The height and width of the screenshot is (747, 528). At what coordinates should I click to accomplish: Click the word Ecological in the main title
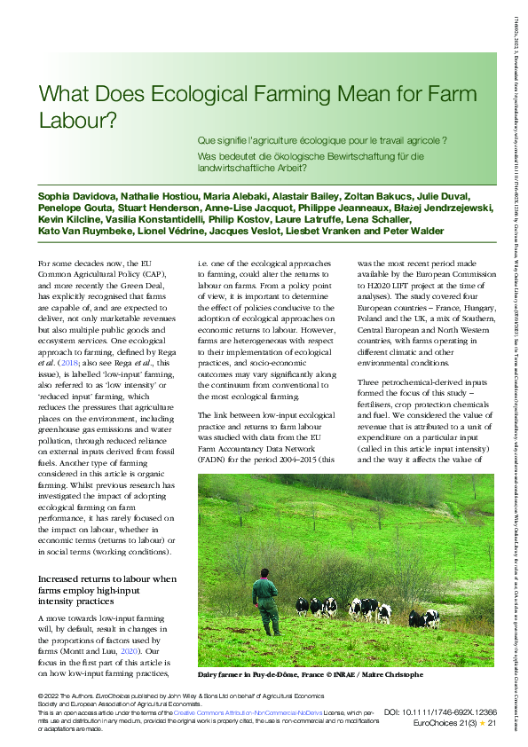coord(186,94)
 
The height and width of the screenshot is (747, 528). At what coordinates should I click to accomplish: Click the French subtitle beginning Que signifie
coord(321,140)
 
